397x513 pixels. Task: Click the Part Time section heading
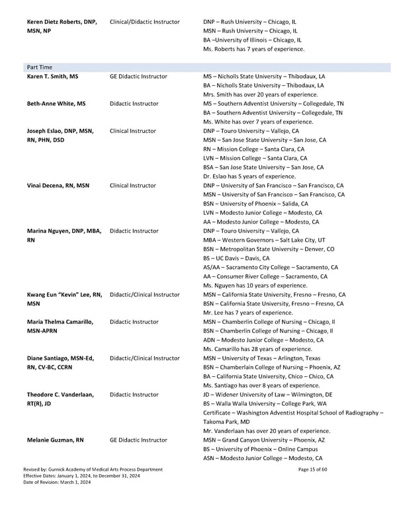point(40,67)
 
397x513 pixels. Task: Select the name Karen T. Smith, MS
point(52,77)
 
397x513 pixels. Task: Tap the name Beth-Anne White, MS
point(56,104)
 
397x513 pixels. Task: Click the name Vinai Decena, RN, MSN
point(58,186)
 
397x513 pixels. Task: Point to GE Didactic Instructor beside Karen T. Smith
point(138,77)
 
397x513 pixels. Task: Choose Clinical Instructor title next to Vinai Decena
point(133,186)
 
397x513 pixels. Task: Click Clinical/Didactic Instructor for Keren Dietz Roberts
point(144,22)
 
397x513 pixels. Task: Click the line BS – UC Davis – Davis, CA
point(236,258)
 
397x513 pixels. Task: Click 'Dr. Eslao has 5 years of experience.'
point(249,177)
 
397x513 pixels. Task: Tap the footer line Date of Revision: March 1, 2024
point(57,483)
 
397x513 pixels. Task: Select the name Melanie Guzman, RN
point(55,440)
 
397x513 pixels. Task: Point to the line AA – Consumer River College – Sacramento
point(265,276)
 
